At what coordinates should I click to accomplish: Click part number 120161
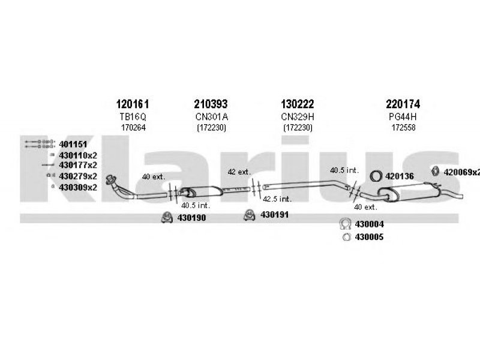(x=133, y=104)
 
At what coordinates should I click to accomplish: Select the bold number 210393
(x=211, y=104)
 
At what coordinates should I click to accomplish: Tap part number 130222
(x=298, y=104)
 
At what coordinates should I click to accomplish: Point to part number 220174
(x=403, y=104)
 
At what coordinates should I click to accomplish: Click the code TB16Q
(x=133, y=116)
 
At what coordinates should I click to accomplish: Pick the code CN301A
(x=212, y=116)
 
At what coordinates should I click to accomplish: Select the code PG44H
(x=403, y=116)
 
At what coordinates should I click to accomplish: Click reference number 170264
(x=133, y=128)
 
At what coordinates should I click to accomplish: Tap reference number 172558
(x=403, y=128)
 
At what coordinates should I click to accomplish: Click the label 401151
(x=73, y=144)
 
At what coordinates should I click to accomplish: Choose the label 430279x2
(x=78, y=176)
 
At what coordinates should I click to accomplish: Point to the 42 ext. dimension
(x=239, y=172)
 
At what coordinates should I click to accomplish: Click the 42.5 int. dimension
(x=277, y=199)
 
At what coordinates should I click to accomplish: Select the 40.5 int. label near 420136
(x=344, y=170)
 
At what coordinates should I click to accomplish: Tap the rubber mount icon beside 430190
(x=167, y=217)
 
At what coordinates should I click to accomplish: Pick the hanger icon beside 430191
(x=250, y=215)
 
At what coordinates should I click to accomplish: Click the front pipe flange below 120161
(x=111, y=179)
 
